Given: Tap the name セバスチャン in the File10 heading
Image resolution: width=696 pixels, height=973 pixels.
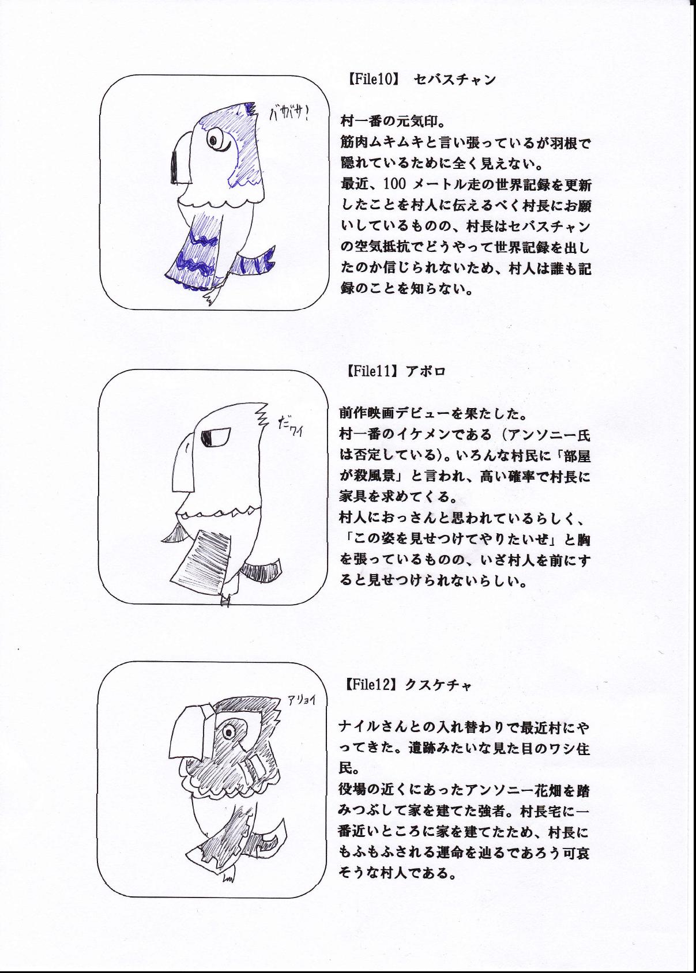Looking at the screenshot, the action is click(x=454, y=80).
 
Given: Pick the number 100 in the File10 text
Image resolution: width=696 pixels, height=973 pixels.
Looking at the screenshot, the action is click(x=395, y=184).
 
